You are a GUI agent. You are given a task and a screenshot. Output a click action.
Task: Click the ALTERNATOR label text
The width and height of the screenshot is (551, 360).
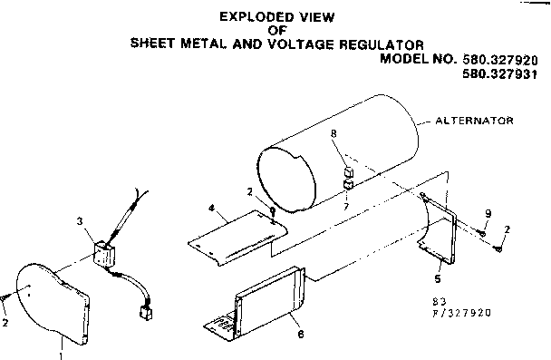pos(476,119)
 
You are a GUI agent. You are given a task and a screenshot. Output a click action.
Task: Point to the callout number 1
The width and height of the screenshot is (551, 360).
pos(60,355)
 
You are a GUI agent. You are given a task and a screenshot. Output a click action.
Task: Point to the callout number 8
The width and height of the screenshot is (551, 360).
pos(333,133)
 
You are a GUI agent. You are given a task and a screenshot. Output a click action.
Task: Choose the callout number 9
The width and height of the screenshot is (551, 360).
pos(487,214)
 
